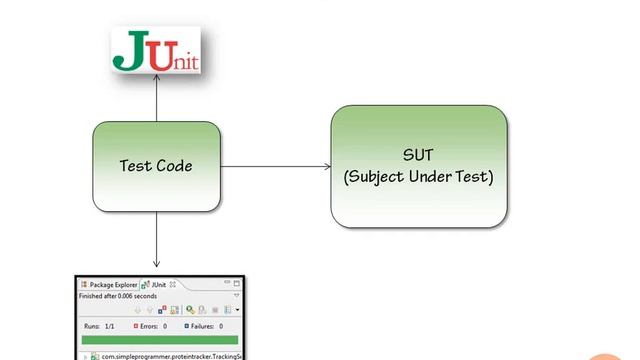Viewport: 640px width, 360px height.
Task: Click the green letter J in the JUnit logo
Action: [127, 51]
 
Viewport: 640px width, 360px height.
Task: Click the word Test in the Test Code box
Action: [136, 166]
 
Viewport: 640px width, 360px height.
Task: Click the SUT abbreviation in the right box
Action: [419, 155]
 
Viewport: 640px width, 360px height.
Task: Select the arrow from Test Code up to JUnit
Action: [156, 100]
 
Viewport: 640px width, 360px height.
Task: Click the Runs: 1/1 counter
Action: [97, 326]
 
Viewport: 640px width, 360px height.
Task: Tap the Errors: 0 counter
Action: [151, 326]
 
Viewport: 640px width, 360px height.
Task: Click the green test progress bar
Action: [160, 340]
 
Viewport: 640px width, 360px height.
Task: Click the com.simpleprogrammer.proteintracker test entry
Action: [170, 355]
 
